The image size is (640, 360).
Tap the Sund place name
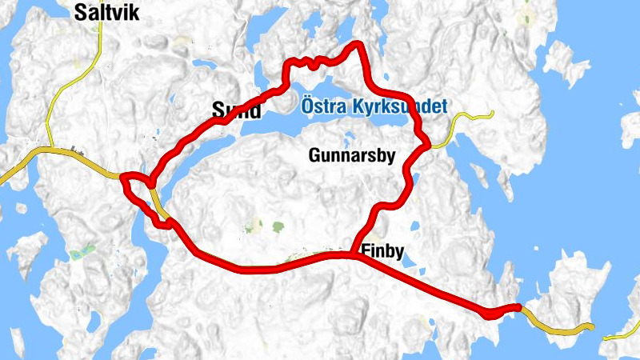236,110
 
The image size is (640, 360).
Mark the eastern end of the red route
518,306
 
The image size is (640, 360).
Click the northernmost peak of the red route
358,45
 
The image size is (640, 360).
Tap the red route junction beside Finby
352,254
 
